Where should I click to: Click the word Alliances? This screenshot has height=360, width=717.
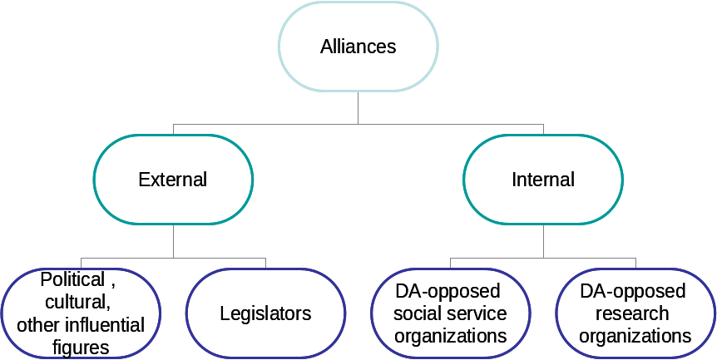pyautogui.click(x=358, y=47)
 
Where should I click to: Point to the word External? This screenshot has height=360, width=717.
pyautogui.click(x=173, y=180)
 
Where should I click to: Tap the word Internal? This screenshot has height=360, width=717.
pyautogui.click(x=543, y=180)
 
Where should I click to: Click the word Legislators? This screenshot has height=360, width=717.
pyautogui.click(x=265, y=313)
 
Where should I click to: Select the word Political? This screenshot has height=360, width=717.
pyautogui.click(x=73, y=279)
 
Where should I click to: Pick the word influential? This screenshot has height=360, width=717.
pyautogui.click(x=102, y=324)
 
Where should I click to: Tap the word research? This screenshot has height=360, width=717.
pyautogui.click(x=635, y=313)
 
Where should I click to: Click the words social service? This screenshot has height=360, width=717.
pyautogui.click(x=450, y=313)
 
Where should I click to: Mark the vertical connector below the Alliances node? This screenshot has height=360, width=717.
pyautogui.click(x=358, y=107)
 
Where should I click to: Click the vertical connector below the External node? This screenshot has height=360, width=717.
pyautogui.click(x=173, y=241)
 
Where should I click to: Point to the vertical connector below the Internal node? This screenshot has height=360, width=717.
pyautogui.click(x=543, y=241)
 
